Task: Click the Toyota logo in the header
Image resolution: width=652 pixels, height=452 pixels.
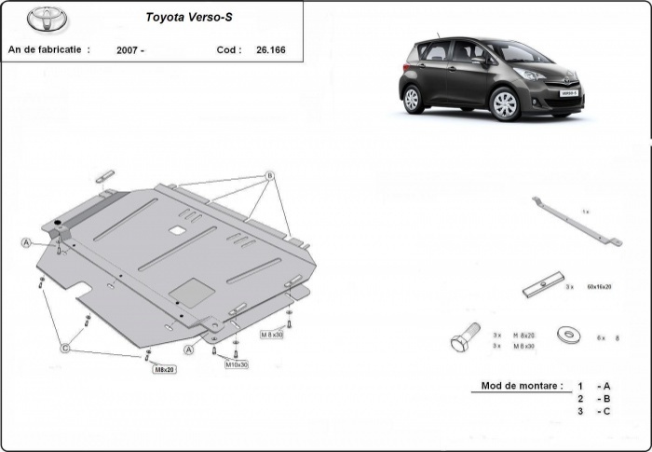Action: (42, 19)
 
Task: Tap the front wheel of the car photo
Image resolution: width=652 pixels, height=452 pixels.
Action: (504, 103)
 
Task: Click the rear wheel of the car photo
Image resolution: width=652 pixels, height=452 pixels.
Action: (413, 98)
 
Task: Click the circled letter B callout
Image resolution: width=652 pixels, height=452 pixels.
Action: (269, 175)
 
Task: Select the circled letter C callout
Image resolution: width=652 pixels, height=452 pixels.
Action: (65, 348)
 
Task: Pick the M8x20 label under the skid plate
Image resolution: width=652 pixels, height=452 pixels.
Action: (164, 369)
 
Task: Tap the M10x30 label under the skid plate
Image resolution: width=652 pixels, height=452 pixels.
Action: (236, 364)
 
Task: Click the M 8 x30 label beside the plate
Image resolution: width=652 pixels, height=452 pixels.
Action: (271, 334)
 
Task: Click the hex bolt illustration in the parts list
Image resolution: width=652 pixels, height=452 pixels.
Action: (464, 337)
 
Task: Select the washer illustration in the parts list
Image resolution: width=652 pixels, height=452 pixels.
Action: (564, 335)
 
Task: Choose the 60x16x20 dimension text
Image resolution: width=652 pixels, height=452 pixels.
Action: (599, 287)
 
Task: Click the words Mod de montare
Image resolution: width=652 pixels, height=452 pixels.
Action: (522, 386)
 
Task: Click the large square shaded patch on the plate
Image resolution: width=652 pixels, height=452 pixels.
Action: (193, 292)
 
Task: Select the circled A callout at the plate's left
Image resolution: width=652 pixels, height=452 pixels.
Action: (27, 242)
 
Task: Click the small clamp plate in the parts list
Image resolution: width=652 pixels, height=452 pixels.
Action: (543, 285)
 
